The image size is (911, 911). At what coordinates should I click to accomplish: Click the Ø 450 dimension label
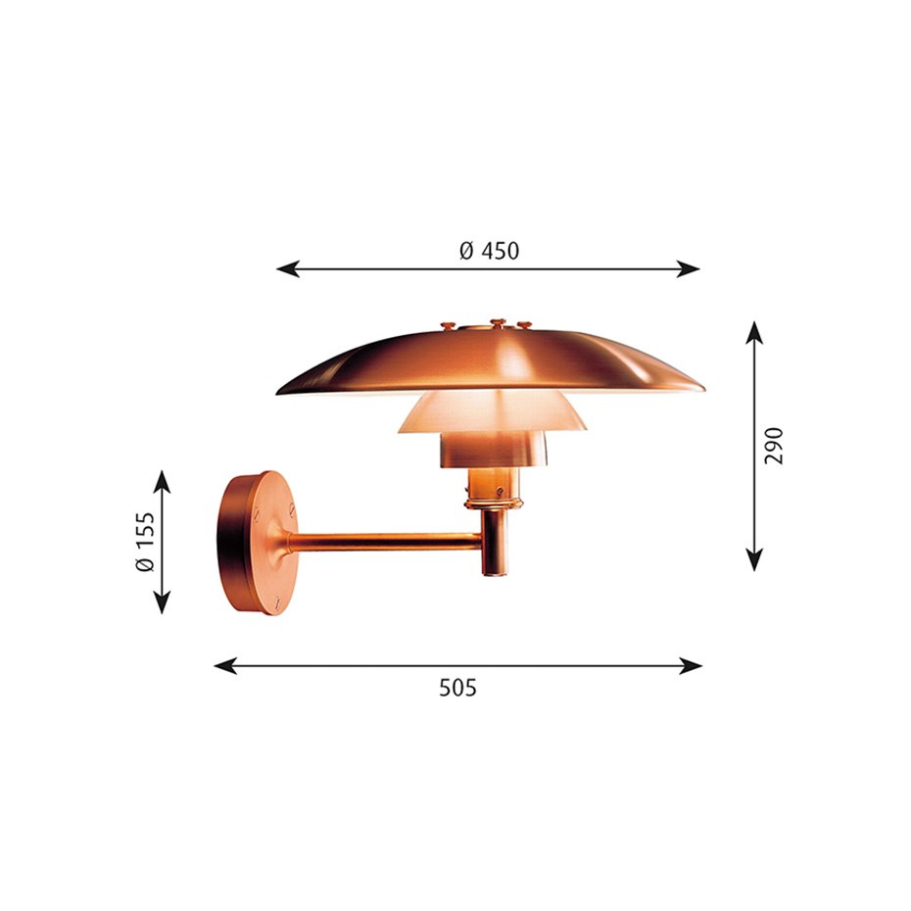[489, 251]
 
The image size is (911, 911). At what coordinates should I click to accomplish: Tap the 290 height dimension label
[775, 446]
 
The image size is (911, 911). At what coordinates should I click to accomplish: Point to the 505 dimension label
[457, 688]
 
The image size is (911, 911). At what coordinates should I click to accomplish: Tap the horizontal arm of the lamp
[392, 540]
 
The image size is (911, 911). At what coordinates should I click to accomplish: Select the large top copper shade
[490, 362]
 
